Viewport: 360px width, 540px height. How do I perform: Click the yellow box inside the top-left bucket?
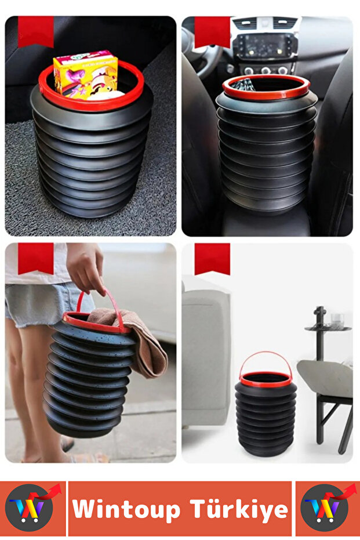85,74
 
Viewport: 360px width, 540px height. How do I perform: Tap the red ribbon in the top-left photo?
35,31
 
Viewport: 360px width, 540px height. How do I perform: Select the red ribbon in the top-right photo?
212,31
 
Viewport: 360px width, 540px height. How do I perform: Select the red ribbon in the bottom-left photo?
35,258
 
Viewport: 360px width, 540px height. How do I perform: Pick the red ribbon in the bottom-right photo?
212,258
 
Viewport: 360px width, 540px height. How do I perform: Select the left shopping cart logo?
32,508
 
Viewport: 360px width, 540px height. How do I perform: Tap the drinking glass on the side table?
337,320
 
